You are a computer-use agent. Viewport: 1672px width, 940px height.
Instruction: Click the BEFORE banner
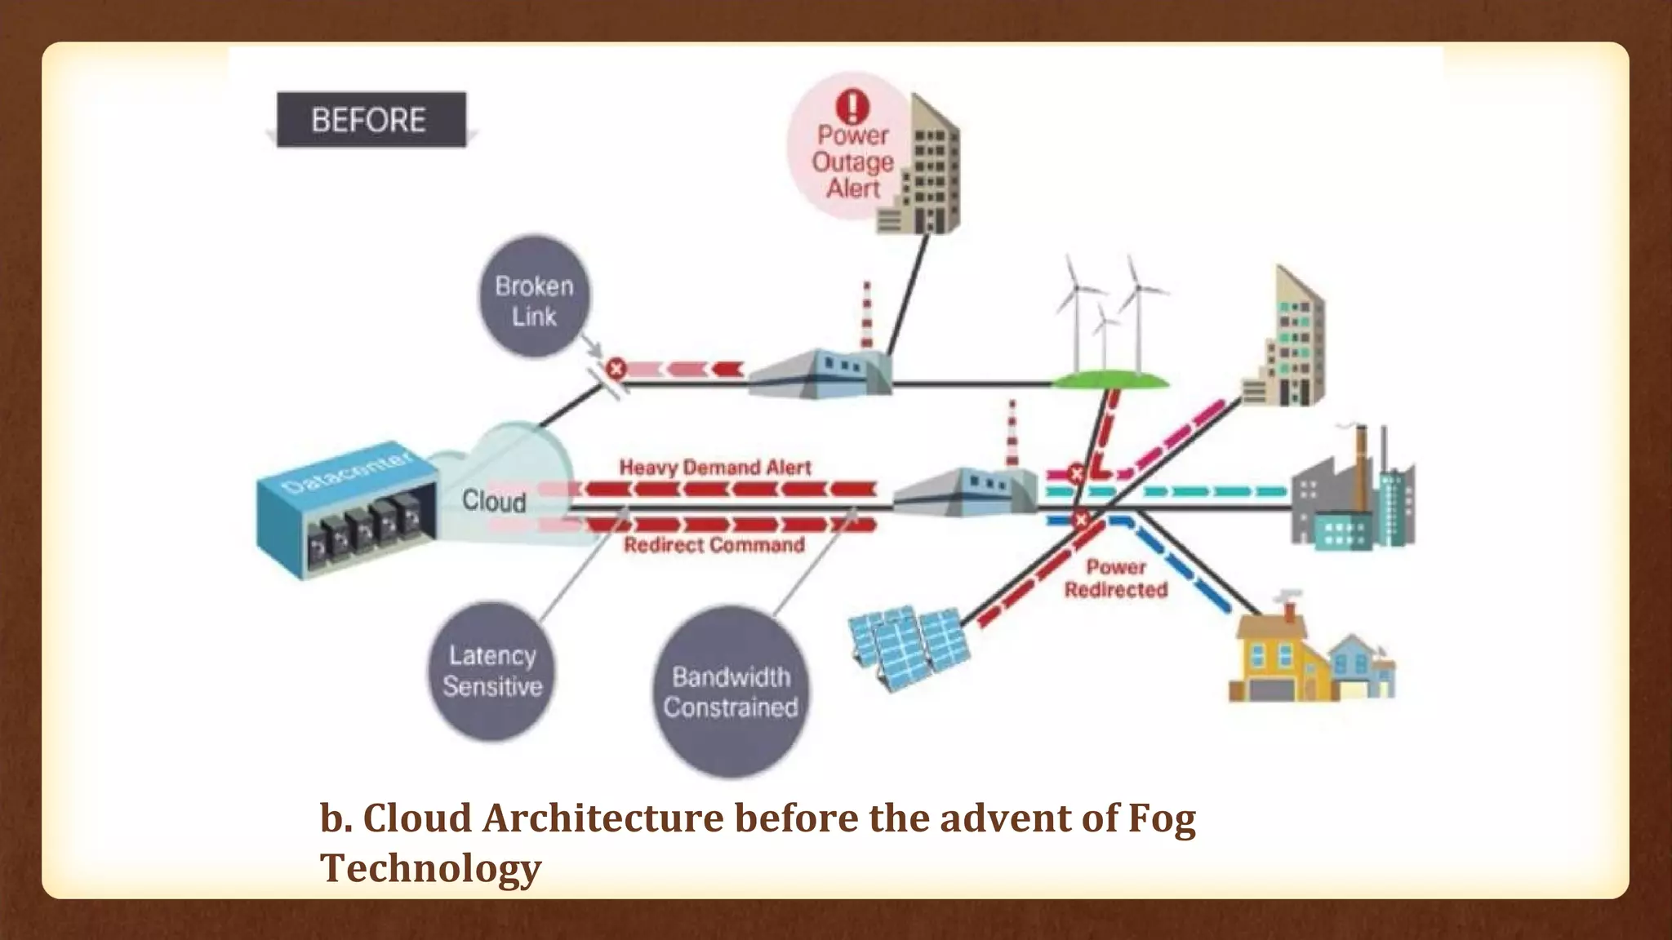point(371,120)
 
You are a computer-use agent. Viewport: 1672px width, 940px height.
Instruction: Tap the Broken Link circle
point(535,299)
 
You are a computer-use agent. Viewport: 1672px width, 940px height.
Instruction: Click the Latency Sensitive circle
point(491,671)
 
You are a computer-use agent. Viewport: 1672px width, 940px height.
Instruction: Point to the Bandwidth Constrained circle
point(731,692)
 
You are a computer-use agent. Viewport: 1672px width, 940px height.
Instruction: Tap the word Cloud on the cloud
point(494,500)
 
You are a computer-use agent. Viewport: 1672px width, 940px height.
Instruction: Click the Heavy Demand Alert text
point(715,468)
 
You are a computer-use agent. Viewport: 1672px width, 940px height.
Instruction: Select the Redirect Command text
point(714,545)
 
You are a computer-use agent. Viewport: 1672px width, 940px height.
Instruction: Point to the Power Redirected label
point(1116,578)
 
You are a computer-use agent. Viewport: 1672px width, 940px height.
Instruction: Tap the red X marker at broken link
point(616,369)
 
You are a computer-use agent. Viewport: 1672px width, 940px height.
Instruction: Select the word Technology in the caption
point(430,867)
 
